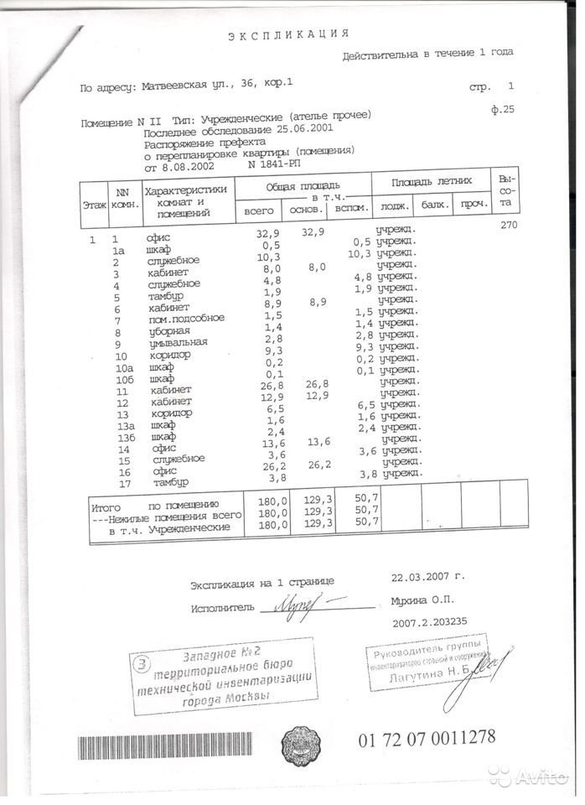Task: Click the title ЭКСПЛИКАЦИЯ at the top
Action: [x=288, y=34]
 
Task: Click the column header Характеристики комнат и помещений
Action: [x=186, y=202]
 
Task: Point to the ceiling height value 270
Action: [x=508, y=226]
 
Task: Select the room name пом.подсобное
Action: [x=184, y=319]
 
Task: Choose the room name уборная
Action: [x=169, y=331]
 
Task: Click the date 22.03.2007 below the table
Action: [x=427, y=577]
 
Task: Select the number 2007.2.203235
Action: [x=440, y=623]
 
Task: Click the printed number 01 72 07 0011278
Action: [x=427, y=738]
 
